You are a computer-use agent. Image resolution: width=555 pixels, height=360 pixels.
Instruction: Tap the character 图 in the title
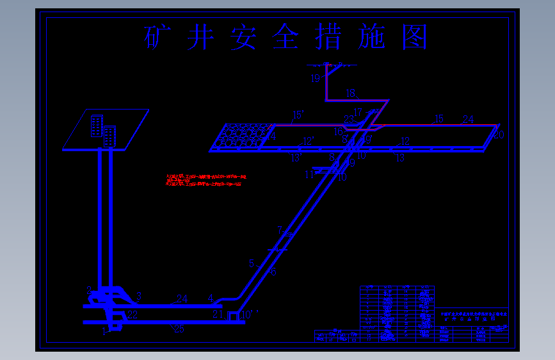(x=414, y=38)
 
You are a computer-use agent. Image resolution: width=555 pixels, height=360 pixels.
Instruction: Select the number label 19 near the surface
(x=316, y=79)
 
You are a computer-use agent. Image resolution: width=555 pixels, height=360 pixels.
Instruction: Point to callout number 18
(x=350, y=94)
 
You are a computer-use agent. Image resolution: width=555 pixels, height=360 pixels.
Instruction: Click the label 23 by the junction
(x=348, y=119)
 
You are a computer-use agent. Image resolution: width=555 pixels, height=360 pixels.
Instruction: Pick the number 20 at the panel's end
(x=499, y=134)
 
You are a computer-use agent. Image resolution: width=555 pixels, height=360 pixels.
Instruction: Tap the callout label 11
(x=309, y=174)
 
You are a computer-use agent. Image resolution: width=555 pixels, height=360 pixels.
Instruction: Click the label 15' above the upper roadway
(x=298, y=115)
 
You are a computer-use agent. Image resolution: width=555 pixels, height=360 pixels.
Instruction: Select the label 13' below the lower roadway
(x=296, y=157)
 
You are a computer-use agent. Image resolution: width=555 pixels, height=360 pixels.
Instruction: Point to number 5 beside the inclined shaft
(x=252, y=263)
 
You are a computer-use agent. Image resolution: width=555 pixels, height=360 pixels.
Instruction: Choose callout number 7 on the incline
(x=279, y=229)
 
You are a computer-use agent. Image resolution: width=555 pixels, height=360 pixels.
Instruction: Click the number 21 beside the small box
(x=218, y=313)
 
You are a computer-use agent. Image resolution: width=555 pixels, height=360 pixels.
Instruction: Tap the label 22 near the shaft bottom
(x=133, y=315)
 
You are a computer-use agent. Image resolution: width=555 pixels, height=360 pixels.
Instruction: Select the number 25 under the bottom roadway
(x=179, y=329)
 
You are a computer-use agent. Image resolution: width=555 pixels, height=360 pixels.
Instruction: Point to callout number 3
(x=138, y=296)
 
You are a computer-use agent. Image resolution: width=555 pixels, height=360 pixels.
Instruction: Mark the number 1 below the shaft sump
(x=104, y=331)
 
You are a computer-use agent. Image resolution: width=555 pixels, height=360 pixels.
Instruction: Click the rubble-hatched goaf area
(x=243, y=136)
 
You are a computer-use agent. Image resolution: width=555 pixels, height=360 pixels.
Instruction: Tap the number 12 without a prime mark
(x=405, y=141)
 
